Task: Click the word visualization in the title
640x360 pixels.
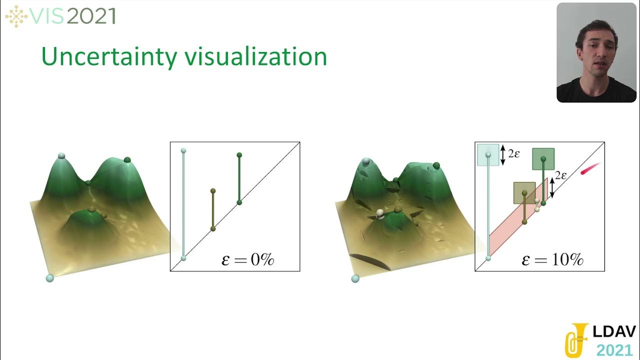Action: tap(255, 57)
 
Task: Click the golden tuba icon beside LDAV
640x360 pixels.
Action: tap(576, 339)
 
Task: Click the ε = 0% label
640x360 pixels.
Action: tap(248, 259)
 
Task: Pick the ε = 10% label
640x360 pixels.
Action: tap(552, 259)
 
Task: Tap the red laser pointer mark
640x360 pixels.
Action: tap(590, 169)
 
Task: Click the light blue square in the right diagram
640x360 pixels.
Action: tap(488, 154)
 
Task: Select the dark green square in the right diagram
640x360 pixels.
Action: tap(543, 158)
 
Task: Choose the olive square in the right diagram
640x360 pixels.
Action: tap(524, 193)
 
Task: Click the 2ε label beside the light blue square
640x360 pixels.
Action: tap(513, 154)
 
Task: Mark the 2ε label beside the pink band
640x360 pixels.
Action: tap(561, 175)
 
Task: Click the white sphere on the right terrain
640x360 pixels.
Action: tap(380, 213)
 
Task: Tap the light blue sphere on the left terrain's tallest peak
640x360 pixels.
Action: tap(61, 156)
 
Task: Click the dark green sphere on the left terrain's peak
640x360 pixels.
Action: tap(127, 159)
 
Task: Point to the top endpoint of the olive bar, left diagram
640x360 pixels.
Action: tap(213, 191)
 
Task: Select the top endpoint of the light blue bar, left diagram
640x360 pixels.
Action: tap(183, 150)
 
